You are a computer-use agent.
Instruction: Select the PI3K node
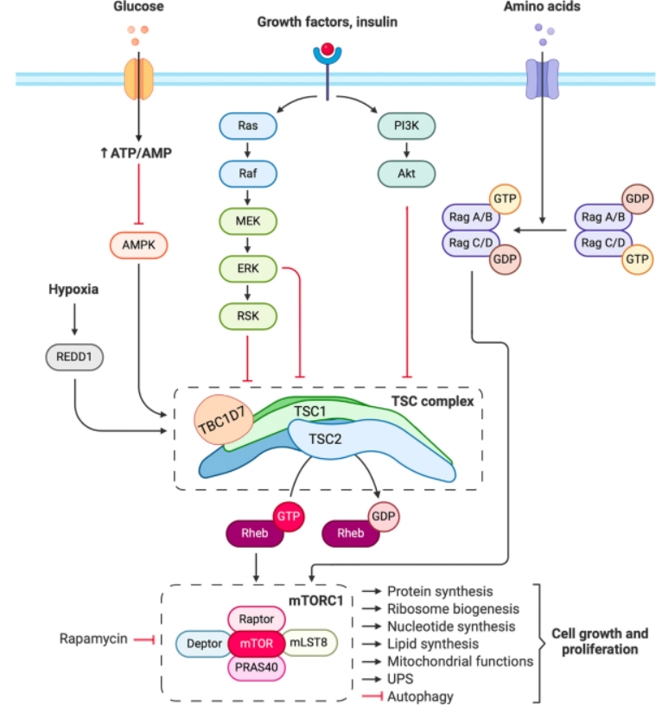tap(406, 127)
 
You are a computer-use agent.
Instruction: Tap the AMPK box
tap(138, 245)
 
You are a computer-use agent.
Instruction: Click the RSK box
tap(248, 316)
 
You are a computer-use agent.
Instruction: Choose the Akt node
tap(406, 174)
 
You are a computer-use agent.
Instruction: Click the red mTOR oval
tap(257, 643)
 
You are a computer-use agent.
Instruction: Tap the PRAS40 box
tap(257, 669)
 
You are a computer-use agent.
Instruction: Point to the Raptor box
tap(257, 618)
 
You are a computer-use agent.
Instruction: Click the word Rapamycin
tap(93, 639)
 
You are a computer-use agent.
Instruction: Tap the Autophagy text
tap(420, 696)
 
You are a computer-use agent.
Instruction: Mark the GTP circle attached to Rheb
tap(288, 517)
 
